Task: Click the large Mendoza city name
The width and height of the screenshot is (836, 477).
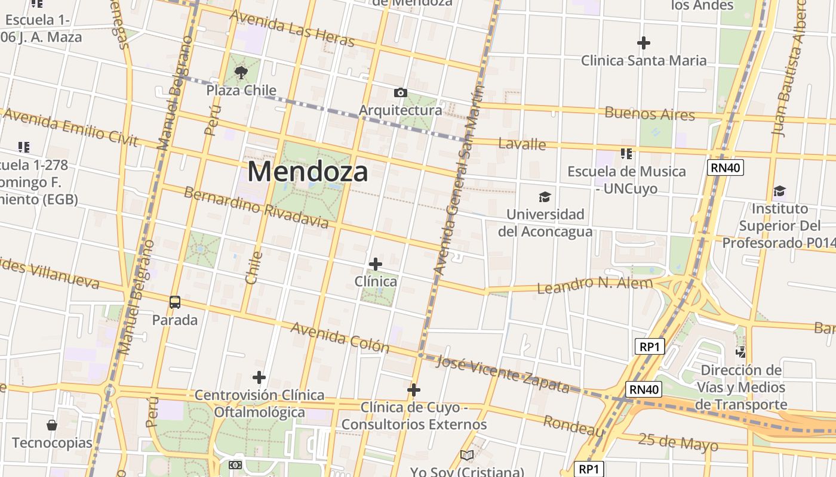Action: click(308, 172)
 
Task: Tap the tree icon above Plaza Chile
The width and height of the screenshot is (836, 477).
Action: click(241, 73)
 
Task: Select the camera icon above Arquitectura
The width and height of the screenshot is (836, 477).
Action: click(401, 92)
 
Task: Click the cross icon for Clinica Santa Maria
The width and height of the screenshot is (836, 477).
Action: click(643, 43)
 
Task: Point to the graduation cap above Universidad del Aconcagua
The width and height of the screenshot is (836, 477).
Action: click(545, 197)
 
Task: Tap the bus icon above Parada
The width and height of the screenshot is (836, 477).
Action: click(174, 302)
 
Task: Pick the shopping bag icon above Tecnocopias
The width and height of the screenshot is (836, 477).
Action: click(52, 425)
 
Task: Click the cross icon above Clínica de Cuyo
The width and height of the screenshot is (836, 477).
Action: click(414, 390)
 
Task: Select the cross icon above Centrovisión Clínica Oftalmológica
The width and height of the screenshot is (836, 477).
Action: click(259, 377)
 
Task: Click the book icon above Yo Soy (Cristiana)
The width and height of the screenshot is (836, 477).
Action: click(467, 456)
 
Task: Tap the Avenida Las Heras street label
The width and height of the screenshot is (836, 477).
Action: click(292, 28)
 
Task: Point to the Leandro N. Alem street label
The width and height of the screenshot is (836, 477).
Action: click(595, 285)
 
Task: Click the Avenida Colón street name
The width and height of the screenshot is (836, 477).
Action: click(340, 337)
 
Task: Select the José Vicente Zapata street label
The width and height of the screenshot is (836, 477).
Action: click(502, 374)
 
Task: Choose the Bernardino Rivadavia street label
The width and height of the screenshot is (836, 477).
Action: click(256, 207)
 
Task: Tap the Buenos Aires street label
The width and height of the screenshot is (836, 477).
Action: click(650, 113)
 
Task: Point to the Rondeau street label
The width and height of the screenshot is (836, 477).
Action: click(574, 426)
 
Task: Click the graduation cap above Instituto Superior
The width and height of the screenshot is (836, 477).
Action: click(779, 191)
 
